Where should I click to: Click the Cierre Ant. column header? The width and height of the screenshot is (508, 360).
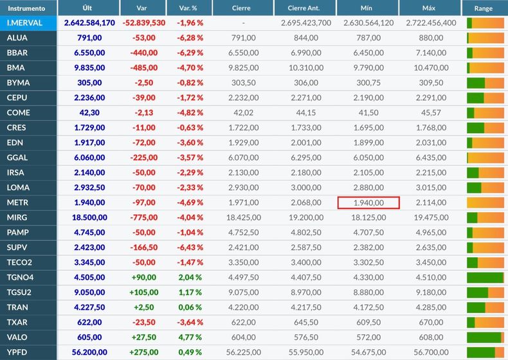click(304, 8)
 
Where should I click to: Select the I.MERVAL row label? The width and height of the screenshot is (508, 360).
click(24, 23)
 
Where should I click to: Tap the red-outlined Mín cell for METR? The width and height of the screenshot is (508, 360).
click(368, 203)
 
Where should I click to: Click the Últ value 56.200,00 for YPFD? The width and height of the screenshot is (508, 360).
click(89, 352)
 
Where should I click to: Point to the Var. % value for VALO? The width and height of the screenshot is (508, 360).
click(190, 337)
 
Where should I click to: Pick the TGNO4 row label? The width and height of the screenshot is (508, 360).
click(20, 277)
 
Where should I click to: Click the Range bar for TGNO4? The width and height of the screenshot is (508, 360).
click(485, 278)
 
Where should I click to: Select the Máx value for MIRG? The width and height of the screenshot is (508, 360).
click(431, 217)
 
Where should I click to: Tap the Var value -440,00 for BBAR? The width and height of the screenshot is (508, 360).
click(144, 53)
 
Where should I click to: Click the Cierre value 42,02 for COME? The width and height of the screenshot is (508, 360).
click(243, 113)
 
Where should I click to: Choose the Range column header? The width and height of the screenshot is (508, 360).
click(483, 8)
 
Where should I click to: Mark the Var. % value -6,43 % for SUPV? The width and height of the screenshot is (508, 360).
click(190, 248)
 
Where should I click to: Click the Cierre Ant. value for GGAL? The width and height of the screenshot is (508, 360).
click(306, 157)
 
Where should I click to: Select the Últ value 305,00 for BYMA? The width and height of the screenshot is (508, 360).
click(89, 83)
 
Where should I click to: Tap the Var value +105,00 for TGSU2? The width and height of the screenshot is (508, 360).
click(144, 292)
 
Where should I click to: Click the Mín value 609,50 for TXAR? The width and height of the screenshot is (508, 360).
click(368, 323)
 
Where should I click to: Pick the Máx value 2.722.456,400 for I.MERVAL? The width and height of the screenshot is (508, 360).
click(431, 23)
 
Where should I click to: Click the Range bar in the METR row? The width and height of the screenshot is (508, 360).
click(485, 203)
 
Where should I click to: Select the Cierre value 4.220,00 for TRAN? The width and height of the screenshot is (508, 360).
click(243, 307)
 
